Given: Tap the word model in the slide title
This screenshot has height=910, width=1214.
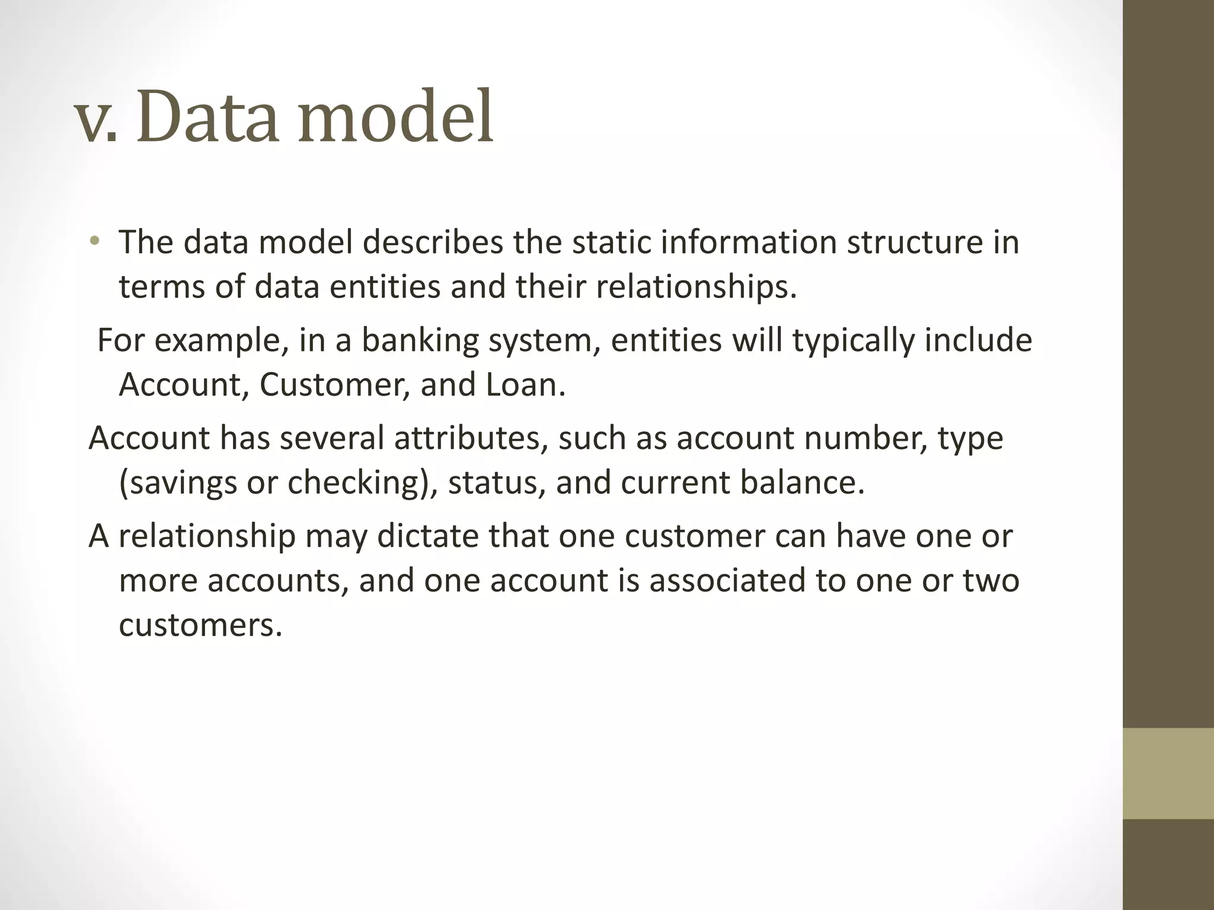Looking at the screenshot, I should click(395, 117).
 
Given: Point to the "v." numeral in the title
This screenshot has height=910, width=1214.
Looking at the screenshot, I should click(96, 121).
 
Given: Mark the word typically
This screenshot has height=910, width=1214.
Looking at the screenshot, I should click(854, 341).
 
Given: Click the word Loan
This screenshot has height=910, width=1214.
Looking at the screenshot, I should click(525, 384).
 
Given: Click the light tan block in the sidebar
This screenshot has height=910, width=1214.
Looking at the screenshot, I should click(1168, 773).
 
